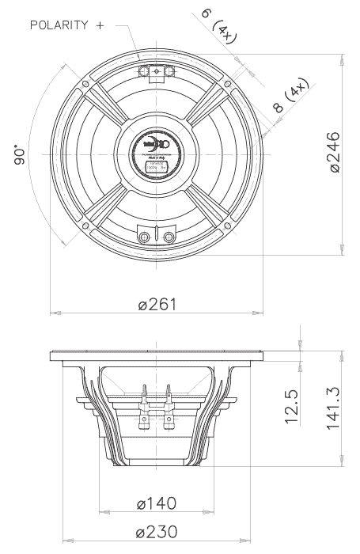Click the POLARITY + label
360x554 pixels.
[67, 25]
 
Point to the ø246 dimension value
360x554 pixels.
[332, 154]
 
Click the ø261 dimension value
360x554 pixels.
[157, 305]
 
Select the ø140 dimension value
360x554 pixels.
[157, 503]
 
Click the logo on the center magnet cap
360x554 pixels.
[156, 146]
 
